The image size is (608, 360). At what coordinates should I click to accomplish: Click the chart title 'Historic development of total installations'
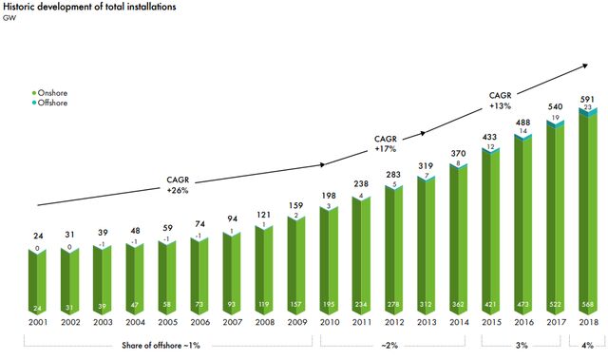pos(89,7)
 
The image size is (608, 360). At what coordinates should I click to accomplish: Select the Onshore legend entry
pos(49,93)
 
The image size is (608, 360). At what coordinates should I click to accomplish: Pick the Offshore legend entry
pos(49,104)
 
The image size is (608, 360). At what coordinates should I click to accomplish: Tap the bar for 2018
pos(587,211)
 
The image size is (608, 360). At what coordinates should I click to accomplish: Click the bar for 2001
pos(37,282)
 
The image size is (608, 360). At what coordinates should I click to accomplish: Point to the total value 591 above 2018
pos(587,99)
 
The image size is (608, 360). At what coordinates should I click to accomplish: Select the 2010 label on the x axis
pos(330,322)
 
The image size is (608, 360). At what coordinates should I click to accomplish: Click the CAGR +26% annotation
pos(178,185)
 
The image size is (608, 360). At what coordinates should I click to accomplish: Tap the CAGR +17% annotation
pos(386,143)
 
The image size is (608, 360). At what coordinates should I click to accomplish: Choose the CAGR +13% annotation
pos(501,101)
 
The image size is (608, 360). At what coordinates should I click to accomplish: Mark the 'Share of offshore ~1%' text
pos(161,345)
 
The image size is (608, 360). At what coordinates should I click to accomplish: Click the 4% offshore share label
pos(587,345)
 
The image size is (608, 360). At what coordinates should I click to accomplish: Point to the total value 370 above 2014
pos(458,154)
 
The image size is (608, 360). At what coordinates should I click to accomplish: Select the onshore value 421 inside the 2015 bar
pos(490,305)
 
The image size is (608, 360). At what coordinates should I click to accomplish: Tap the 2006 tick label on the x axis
pos(200,322)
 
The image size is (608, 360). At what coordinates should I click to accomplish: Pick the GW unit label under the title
pos(9,18)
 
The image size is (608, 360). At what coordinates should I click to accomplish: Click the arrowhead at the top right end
pos(585,66)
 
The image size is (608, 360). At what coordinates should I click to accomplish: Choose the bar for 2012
pos(393,250)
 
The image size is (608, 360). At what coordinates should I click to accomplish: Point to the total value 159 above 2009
pos(295,205)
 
